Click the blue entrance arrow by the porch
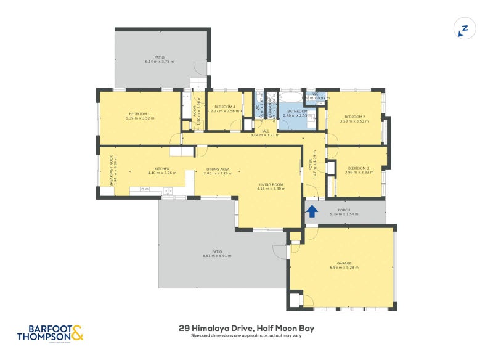click(x=312, y=211)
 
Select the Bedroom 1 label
click(x=139, y=113)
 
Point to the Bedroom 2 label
click(x=355, y=117)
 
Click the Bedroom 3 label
click(x=358, y=168)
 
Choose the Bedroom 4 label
click(x=224, y=107)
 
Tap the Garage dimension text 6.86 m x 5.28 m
click(x=344, y=268)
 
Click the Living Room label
click(x=271, y=184)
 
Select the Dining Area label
click(x=218, y=169)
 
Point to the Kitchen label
click(x=162, y=168)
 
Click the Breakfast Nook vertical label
click(x=112, y=171)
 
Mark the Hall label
click(x=265, y=131)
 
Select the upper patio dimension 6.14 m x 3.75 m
click(x=160, y=62)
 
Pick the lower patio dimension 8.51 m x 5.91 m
click(x=217, y=255)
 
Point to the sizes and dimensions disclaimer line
click(x=246, y=337)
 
